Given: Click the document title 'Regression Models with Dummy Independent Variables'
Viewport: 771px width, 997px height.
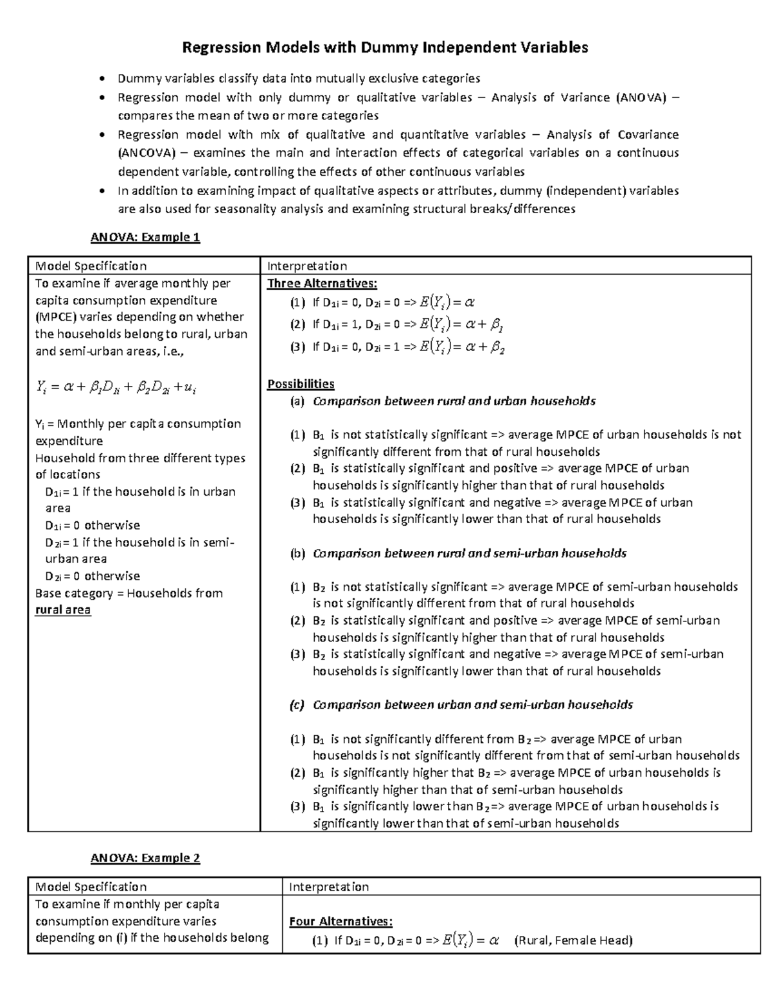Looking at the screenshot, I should click(x=385, y=48).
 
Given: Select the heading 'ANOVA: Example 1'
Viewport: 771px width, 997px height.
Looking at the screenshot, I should click(x=145, y=238).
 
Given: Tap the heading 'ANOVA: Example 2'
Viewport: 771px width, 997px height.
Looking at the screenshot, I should click(x=145, y=858).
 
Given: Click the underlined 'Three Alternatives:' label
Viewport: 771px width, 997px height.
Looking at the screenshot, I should click(x=322, y=284).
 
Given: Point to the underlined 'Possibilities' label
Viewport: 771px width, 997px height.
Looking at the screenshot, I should click(x=301, y=384).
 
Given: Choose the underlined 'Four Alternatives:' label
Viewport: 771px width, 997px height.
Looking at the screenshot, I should click(x=341, y=922).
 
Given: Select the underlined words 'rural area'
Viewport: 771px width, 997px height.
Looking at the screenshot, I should click(x=63, y=610).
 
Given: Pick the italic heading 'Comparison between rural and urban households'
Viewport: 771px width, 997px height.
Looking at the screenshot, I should click(x=454, y=401).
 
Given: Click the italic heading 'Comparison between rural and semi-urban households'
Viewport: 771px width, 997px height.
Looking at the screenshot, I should click(x=469, y=553).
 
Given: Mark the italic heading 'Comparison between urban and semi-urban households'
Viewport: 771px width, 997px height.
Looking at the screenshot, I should click(x=472, y=705).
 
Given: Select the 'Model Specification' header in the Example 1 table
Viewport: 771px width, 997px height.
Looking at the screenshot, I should click(x=91, y=266).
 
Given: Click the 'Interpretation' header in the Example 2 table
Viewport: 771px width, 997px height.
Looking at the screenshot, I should click(x=328, y=887).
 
